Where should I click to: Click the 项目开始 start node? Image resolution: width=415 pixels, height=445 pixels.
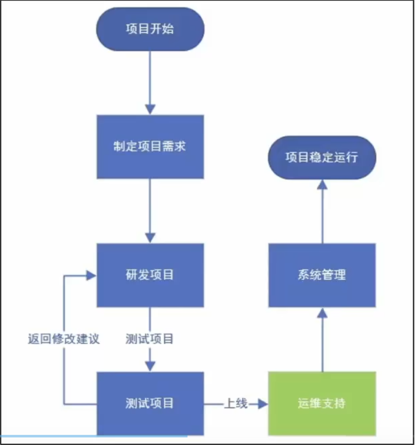(150, 29)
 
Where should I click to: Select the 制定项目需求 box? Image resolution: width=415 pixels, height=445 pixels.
(150, 147)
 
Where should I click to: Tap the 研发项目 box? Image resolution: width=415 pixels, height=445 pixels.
(150, 275)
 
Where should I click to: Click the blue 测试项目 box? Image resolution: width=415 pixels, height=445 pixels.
(150, 403)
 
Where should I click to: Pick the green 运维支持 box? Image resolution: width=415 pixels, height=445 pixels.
(322, 403)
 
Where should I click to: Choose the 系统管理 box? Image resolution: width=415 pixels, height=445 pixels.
(322, 275)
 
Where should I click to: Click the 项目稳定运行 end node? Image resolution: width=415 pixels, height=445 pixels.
(322, 157)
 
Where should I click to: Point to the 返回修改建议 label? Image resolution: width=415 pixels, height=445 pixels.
(64, 339)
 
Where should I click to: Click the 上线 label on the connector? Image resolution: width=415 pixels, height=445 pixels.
(236, 403)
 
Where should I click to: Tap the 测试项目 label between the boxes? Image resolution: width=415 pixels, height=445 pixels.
(150, 339)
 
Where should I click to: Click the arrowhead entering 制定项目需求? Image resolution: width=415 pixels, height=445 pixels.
(150, 109)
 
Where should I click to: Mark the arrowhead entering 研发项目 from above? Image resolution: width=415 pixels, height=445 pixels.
(150, 238)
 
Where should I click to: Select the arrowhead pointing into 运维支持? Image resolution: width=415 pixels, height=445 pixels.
(263, 404)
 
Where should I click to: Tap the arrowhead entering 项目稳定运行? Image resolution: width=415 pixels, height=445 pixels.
(322, 185)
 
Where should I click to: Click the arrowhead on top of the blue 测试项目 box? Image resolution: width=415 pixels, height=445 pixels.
(150, 366)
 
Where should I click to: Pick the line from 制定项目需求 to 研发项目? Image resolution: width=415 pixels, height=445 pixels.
(150, 205)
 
